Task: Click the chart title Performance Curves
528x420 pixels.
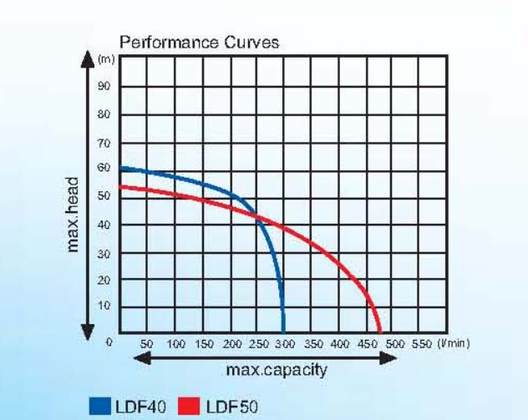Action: click(200, 43)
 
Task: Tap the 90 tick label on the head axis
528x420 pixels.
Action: click(104, 86)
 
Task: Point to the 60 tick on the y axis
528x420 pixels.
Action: click(104, 167)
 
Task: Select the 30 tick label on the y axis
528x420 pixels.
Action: click(104, 254)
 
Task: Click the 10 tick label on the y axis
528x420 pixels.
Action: click(104, 306)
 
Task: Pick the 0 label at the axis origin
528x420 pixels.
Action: click(109, 342)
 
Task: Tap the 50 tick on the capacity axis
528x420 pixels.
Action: click(147, 344)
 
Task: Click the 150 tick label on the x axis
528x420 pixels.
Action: click(204, 344)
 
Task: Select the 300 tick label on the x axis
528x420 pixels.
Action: click(285, 344)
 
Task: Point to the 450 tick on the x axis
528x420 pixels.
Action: click(368, 344)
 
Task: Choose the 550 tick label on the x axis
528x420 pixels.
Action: click(422, 344)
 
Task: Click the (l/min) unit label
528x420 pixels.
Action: click(453, 344)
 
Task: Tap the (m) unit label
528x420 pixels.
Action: click(106, 59)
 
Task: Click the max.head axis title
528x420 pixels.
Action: click(73, 215)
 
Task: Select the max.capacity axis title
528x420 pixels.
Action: click(277, 370)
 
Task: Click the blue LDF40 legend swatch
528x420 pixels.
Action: click(100, 406)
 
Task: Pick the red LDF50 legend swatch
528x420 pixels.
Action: click(189, 406)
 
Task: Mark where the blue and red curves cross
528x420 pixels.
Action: click(256, 216)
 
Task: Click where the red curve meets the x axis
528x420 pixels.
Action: click(379, 332)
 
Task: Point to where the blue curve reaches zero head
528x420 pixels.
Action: click(283, 332)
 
